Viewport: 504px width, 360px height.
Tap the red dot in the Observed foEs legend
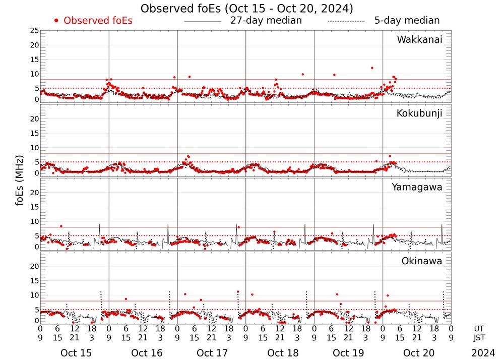56,21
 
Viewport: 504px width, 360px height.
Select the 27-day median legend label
266,21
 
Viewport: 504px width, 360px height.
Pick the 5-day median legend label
407,21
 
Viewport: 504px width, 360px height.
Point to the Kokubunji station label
419,113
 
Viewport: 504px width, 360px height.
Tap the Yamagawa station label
417,187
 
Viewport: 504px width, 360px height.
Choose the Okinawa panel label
421,261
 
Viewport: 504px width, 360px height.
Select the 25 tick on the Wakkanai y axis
34,31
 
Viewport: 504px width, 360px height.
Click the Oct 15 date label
76,353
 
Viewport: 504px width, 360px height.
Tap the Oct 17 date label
212,353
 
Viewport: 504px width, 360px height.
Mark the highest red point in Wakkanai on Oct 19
372,68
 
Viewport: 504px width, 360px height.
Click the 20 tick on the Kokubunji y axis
34,119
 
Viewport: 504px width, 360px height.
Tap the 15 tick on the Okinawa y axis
34,280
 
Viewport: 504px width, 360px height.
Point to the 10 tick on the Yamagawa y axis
34,221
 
